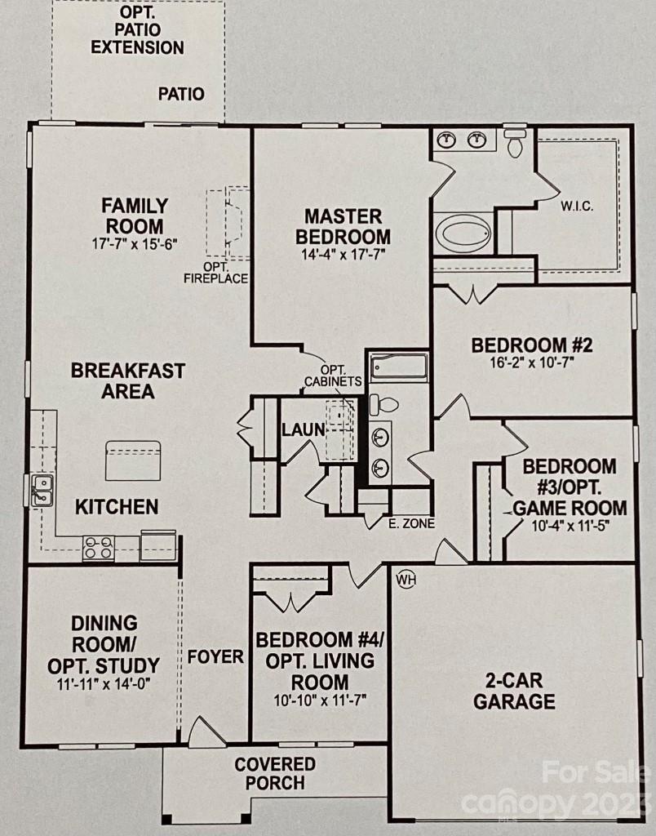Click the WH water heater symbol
pyautogui.click(x=406, y=580)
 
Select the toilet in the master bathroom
pyautogui.click(x=515, y=145)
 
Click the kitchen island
pyautogui.click(x=132, y=460)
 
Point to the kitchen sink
pyautogui.click(x=42, y=490)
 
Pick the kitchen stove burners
pyautogui.click(x=98, y=547)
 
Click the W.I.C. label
pyautogui.click(x=576, y=206)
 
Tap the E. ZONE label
pyautogui.click(x=413, y=523)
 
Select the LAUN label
pyautogui.click(x=304, y=429)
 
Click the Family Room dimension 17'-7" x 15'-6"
pyautogui.click(x=135, y=243)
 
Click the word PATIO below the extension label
pyautogui.click(x=181, y=95)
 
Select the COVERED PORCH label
pyautogui.click(x=275, y=773)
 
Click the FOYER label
pyautogui.click(x=215, y=656)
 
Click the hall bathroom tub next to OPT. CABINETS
pyautogui.click(x=398, y=367)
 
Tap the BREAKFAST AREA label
pyautogui.click(x=127, y=380)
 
